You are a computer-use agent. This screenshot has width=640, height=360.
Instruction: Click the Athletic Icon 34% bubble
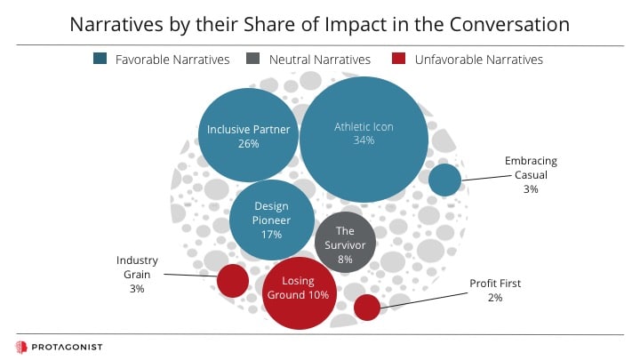(x=364, y=140)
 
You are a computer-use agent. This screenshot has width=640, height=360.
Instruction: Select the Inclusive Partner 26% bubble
(x=248, y=135)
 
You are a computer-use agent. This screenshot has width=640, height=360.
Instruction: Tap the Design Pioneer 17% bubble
(x=272, y=220)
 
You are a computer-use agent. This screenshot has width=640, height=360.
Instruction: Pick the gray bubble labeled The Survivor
(x=345, y=243)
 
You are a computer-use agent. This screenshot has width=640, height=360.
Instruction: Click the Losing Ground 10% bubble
(x=300, y=293)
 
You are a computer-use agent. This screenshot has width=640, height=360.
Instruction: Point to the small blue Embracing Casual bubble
(x=445, y=180)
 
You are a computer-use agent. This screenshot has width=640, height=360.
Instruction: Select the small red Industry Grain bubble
(x=233, y=280)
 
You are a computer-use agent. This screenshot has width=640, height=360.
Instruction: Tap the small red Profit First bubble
(x=367, y=308)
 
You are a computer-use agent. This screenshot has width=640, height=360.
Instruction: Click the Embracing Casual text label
(x=531, y=175)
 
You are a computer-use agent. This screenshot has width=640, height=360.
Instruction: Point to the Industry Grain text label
(x=137, y=275)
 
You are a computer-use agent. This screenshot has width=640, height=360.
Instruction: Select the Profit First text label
(x=495, y=290)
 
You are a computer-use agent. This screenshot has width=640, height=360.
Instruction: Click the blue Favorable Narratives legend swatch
(x=100, y=59)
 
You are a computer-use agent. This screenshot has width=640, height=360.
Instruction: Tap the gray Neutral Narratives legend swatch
(x=253, y=59)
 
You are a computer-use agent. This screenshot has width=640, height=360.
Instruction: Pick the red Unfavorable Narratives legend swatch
(x=398, y=59)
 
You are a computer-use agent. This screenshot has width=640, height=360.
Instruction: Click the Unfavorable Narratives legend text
(x=479, y=60)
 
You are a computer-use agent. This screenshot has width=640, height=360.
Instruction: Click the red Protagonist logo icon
(x=21, y=347)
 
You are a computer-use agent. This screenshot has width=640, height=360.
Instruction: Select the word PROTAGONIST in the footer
(x=67, y=348)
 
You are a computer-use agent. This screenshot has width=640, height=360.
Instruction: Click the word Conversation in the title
(x=509, y=25)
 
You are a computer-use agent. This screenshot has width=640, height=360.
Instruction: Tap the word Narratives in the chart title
(x=116, y=25)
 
